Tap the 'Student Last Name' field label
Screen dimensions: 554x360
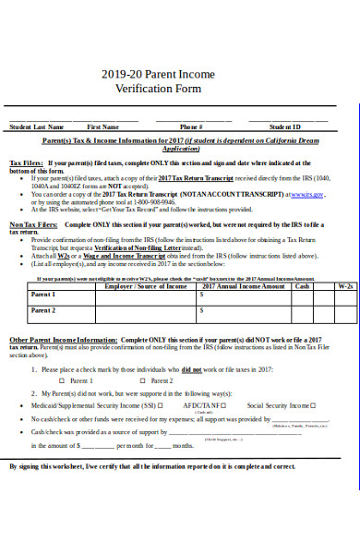click(37, 126)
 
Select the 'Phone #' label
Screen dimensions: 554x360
click(191, 126)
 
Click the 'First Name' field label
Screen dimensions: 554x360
click(102, 126)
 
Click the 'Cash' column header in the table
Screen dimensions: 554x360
click(302, 287)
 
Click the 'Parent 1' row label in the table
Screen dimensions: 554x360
click(43, 295)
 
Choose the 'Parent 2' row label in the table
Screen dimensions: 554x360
click(43, 311)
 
